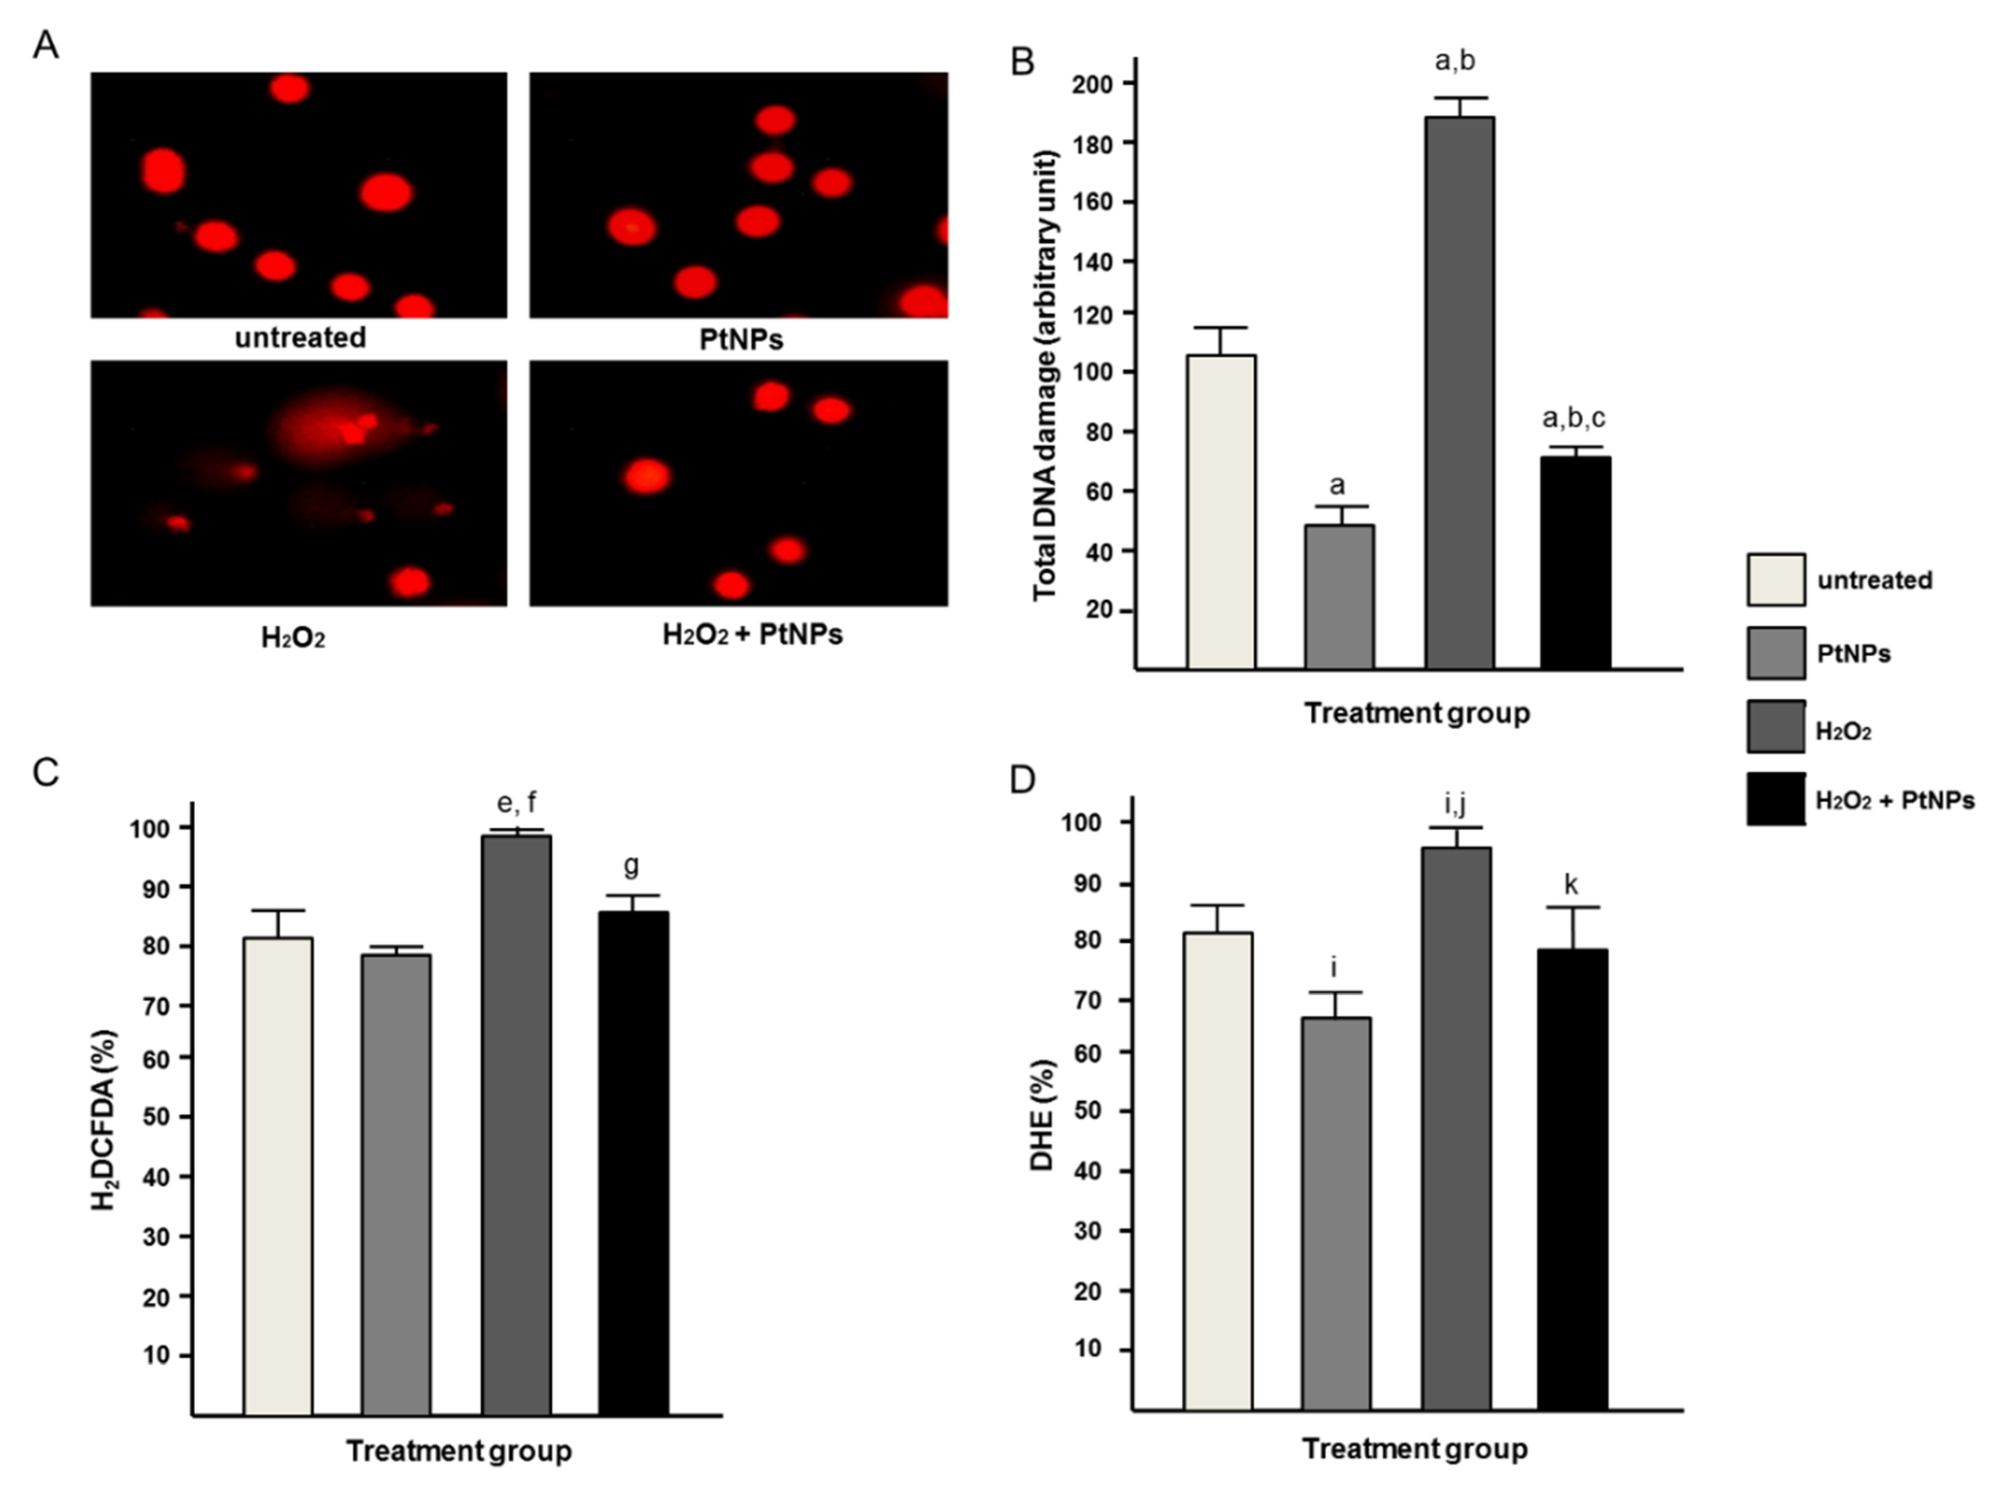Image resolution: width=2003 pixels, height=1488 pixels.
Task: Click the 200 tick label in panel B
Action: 1091,84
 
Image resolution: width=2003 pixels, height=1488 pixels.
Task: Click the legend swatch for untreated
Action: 1776,579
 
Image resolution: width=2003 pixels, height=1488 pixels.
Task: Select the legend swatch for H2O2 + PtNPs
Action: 1776,799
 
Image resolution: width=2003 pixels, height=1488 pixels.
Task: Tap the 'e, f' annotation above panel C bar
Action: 516,802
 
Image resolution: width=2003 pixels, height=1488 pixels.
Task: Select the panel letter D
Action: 1022,779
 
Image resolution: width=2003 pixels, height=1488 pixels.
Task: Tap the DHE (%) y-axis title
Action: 1042,1115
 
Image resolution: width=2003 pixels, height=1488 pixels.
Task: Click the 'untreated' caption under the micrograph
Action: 300,338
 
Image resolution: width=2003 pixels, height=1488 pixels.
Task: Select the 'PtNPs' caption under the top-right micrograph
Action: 740,339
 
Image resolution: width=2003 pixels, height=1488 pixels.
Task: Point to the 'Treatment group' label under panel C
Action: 458,1451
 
